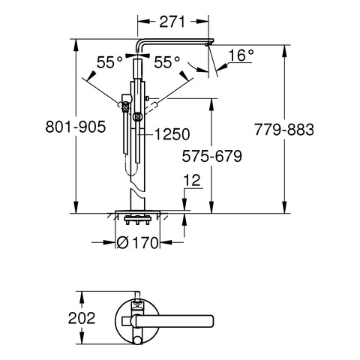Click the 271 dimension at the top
172,22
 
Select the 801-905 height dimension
76,127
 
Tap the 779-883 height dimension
284,130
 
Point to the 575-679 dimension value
212,157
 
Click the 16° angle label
241,55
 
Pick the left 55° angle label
109,62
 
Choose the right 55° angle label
166,62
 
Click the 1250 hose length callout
172,134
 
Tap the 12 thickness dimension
192,180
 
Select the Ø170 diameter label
138,242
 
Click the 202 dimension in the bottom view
82,318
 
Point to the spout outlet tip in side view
207,45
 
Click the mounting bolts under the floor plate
137,220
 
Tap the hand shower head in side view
125,107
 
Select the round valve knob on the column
137,116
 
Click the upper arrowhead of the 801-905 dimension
76,44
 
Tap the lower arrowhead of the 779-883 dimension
284,208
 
